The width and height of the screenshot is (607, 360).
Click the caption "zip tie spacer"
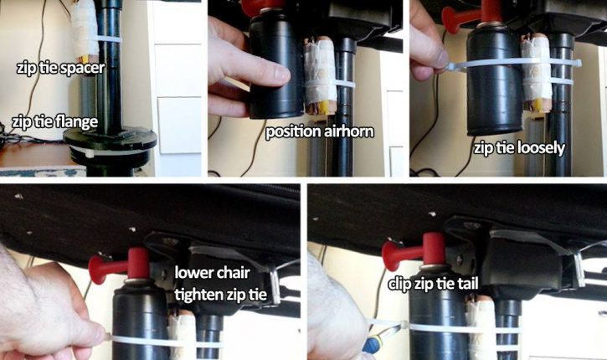click(61, 68)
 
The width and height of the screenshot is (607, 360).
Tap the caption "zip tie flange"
click(54, 121)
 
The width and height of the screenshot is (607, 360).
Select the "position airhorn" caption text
click(320, 132)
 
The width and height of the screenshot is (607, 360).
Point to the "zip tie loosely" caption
click(520, 148)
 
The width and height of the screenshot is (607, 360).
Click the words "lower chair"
click(212, 273)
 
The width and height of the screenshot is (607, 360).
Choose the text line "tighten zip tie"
click(221, 296)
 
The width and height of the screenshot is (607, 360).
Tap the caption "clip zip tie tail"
click(433, 284)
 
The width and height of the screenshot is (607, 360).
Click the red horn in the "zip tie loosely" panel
click(473, 15)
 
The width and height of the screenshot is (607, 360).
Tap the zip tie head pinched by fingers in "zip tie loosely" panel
click(452, 67)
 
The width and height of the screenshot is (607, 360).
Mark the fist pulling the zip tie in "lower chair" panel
click(44, 311)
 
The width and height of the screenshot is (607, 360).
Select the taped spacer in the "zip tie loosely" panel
click(536, 74)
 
